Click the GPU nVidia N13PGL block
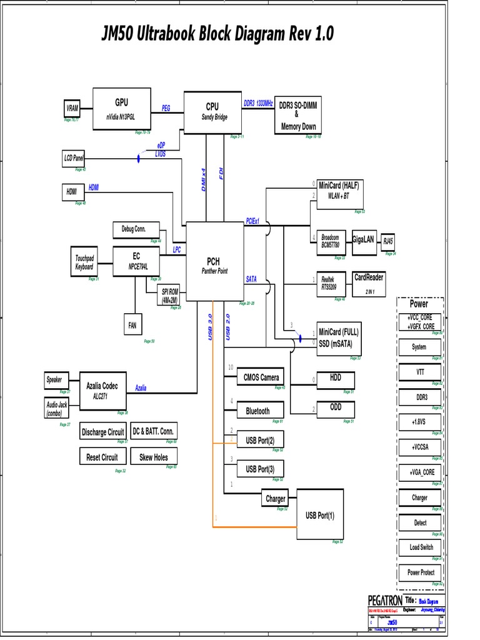(x=121, y=109)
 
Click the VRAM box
(x=72, y=108)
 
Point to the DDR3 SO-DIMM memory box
(x=298, y=116)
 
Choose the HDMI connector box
(x=72, y=192)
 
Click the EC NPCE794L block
(x=136, y=261)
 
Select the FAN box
(x=132, y=325)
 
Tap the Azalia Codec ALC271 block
(x=101, y=390)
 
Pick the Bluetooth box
(x=257, y=411)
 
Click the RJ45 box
(x=389, y=241)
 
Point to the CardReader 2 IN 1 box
(x=368, y=284)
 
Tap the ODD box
(x=336, y=408)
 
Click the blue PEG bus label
(x=166, y=108)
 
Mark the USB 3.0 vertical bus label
(x=211, y=327)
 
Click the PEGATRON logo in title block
(x=385, y=600)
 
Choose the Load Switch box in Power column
(x=421, y=547)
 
